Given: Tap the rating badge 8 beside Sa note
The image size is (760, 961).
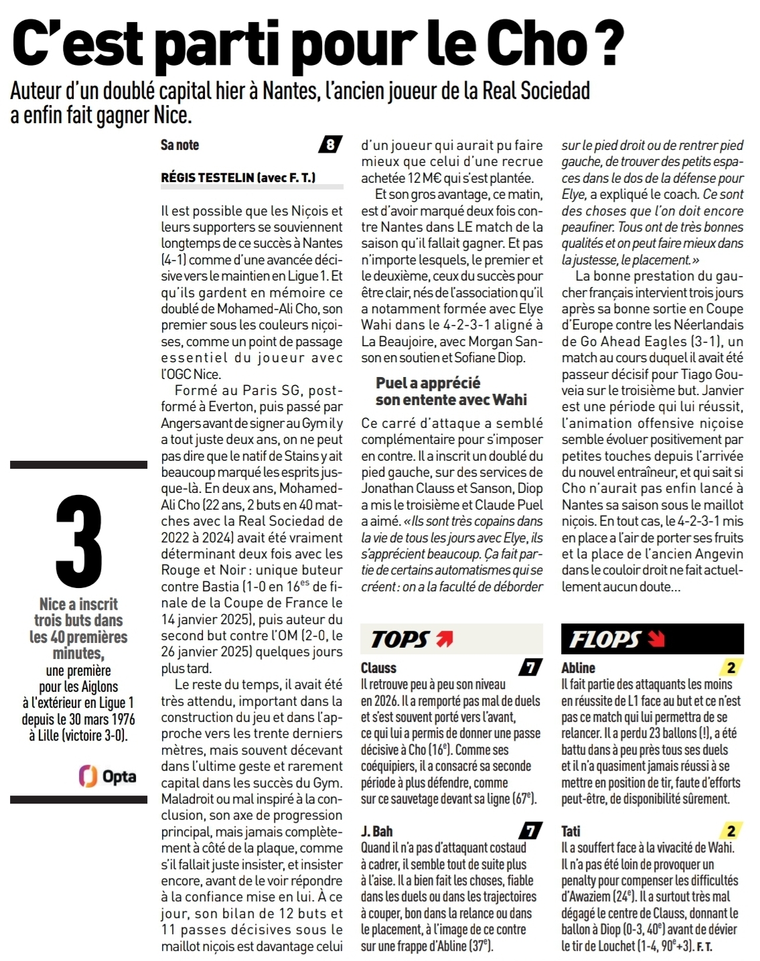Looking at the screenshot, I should [330, 145].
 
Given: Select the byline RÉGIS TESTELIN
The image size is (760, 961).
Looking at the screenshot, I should [208, 177].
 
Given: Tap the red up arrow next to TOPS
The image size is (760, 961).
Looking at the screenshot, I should [444, 639].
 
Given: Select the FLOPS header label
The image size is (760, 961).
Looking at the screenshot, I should [605, 640].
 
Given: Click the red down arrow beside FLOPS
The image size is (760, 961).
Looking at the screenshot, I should [656, 639].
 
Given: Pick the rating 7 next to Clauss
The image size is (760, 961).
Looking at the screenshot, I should [530, 668].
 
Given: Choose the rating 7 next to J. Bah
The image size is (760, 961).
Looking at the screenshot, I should [530, 831].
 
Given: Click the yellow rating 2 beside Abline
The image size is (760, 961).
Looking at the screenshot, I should [731, 668].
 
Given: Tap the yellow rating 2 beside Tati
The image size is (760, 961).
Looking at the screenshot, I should [731, 831].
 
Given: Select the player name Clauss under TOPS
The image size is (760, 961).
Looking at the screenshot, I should [378, 668].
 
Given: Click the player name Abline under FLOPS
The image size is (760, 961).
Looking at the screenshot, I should [579, 668].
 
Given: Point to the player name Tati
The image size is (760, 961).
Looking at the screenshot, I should [571, 831].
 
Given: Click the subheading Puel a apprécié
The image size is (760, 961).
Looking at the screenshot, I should [428, 383].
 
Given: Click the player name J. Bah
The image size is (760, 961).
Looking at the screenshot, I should [377, 831].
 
